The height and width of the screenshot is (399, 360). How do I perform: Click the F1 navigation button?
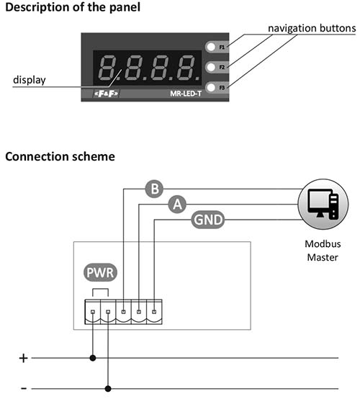coord(211,47)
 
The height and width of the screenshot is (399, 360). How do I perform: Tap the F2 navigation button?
coord(211,67)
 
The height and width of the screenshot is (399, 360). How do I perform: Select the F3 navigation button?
coord(211,88)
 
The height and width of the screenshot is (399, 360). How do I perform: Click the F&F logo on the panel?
coord(107,94)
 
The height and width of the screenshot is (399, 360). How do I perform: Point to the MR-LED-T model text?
coord(186,94)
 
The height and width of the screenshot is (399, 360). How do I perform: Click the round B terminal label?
coord(154,189)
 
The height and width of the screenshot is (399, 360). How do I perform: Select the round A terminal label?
coord(177,204)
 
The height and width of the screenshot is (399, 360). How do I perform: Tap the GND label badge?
coord(208,220)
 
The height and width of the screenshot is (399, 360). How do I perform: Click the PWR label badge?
coord(100,272)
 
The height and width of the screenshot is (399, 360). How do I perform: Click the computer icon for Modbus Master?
coord(323,204)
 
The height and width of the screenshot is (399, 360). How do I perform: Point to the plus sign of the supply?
coord(23,358)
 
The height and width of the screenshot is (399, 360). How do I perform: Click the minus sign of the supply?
coord(24,388)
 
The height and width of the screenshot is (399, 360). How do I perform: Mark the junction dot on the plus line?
coord(93,358)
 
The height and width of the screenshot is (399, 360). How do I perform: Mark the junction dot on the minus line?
coord(108,389)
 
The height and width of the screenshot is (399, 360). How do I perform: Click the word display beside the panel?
coord(30,80)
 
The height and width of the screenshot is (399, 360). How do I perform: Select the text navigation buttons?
coord(312,28)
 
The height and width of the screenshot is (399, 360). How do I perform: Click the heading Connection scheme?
coord(60,156)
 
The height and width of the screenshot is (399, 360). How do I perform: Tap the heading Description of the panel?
coord(73,7)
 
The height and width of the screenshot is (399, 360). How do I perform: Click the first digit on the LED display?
coord(107,68)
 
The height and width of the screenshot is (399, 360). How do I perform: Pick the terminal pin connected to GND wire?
coord(154,312)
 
